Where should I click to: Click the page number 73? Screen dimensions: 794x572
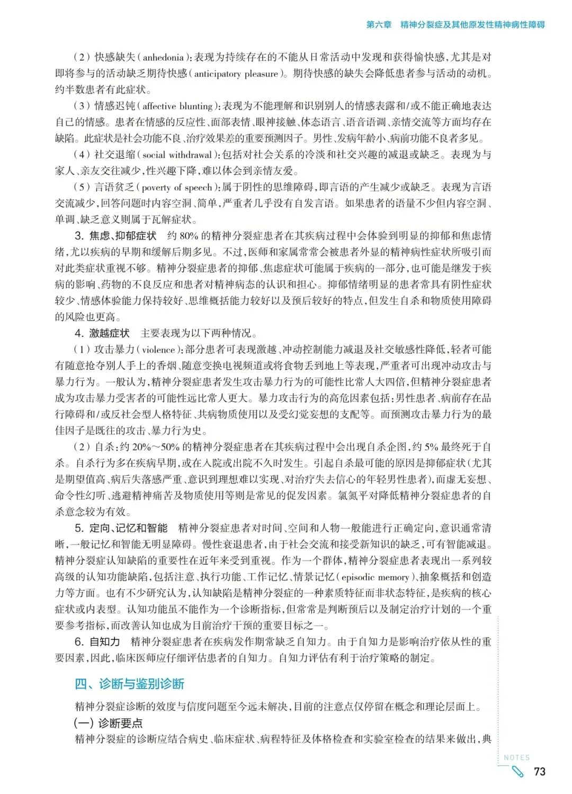click(x=539, y=771)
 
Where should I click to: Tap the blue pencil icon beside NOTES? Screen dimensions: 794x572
click(x=516, y=771)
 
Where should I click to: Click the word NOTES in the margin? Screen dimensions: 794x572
click(x=516, y=757)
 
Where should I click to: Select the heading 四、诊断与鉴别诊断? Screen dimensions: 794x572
click(x=129, y=684)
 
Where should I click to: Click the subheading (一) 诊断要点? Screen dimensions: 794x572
click(x=108, y=723)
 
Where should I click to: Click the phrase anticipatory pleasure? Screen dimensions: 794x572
click(x=236, y=74)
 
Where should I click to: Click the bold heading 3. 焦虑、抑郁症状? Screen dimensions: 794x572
click(x=115, y=236)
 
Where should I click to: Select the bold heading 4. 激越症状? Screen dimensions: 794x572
click(x=102, y=333)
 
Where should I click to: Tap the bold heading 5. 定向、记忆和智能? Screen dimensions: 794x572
click(x=121, y=528)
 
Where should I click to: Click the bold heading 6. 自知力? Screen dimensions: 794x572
click(x=97, y=642)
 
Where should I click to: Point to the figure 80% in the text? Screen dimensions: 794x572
click(x=189, y=236)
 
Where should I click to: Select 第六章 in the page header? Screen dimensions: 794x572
click(x=379, y=24)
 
